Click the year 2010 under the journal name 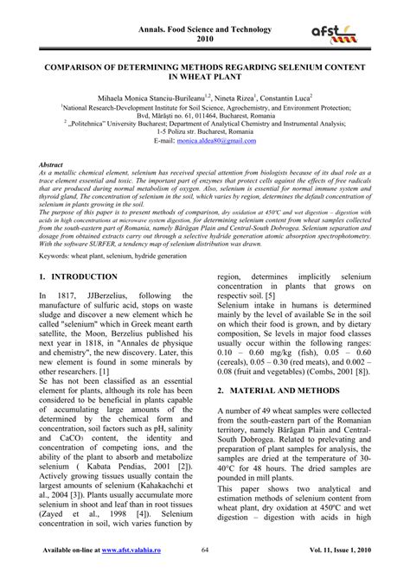[204, 40]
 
